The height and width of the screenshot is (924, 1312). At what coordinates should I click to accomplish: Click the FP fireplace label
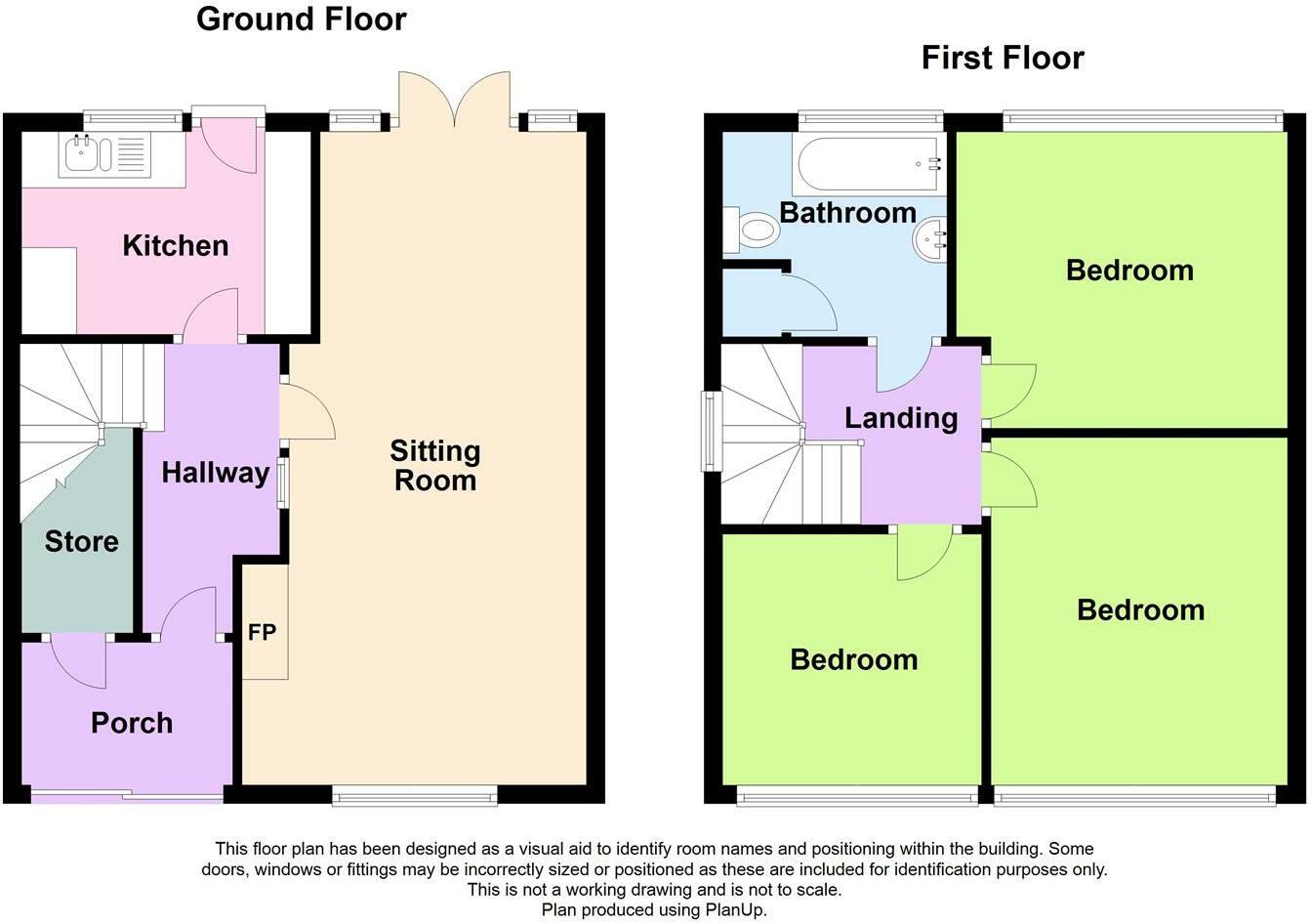click(x=263, y=632)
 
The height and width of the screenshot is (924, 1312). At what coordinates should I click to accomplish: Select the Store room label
click(x=81, y=541)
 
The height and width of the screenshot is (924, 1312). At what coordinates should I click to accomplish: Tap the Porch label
click(x=132, y=723)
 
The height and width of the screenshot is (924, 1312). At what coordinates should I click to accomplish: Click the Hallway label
click(x=215, y=473)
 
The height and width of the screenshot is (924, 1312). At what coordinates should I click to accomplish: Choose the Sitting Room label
click(x=435, y=465)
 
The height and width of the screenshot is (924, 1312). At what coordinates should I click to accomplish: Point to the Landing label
click(x=900, y=418)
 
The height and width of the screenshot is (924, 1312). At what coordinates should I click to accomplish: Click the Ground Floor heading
click(x=301, y=19)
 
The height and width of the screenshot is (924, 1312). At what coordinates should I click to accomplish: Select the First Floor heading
click(x=1003, y=58)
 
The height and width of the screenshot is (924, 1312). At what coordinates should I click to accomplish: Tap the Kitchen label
click(x=176, y=245)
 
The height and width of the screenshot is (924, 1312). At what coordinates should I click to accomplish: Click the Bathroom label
click(x=847, y=212)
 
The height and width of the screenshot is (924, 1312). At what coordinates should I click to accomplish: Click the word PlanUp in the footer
click(x=735, y=909)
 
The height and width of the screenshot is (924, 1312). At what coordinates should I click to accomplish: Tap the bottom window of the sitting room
click(x=415, y=797)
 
